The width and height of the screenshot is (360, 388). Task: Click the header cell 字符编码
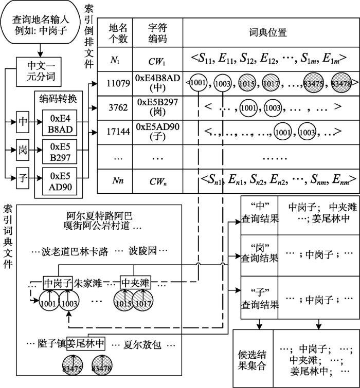pos(157,32)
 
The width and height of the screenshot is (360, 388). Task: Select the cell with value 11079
pos(116,83)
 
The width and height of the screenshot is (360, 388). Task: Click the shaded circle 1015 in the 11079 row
pos(246,83)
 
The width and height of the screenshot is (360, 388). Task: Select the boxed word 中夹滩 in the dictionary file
pos(135,282)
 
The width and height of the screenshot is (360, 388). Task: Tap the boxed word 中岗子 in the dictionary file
pos(58,282)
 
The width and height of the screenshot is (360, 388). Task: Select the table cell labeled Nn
pos(116,180)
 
